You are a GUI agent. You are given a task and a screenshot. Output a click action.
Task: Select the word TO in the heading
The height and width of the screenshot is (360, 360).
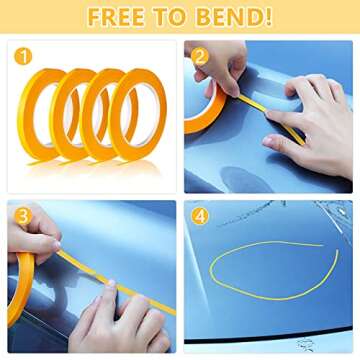173,17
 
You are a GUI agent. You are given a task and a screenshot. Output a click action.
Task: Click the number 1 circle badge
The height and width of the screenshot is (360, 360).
23,56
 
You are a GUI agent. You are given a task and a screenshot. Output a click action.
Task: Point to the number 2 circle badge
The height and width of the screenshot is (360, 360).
200,57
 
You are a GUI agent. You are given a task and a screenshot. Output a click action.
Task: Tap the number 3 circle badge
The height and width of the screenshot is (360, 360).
23,216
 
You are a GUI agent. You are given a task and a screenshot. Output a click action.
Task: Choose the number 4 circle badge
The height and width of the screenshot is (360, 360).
200,216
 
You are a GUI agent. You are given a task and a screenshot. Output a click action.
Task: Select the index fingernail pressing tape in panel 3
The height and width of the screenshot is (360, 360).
111,283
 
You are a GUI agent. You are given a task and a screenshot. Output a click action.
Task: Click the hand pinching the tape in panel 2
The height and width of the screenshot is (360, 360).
217,68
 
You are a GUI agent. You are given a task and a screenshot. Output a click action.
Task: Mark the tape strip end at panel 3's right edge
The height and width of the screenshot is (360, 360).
174,312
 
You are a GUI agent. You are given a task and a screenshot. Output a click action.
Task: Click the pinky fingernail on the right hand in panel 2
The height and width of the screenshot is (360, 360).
268,141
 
